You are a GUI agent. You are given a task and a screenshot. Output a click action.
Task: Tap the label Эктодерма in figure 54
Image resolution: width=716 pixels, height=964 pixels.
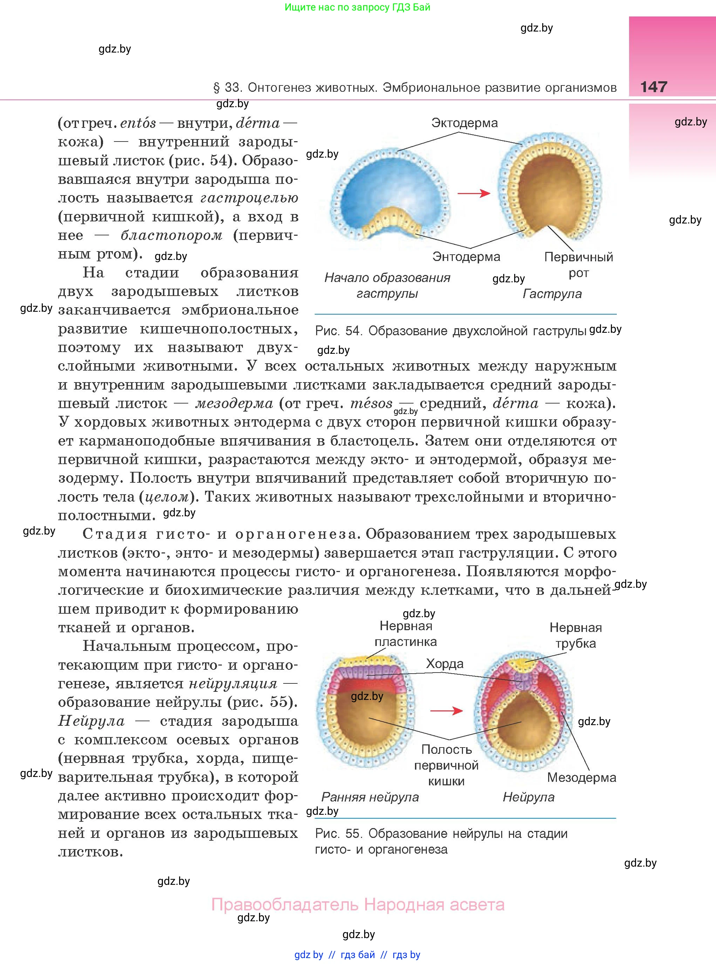(464, 123)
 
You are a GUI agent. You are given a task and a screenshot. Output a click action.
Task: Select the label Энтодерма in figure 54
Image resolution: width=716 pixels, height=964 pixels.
(466, 256)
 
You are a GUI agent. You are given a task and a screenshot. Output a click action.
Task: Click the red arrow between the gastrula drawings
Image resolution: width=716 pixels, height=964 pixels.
(474, 193)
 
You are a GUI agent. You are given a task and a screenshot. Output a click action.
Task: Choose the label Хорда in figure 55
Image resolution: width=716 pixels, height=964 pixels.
(444, 663)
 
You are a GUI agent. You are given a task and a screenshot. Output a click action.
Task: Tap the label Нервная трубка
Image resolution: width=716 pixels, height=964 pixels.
(575, 635)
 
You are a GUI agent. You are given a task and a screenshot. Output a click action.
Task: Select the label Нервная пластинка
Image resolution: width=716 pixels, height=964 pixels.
(406, 633)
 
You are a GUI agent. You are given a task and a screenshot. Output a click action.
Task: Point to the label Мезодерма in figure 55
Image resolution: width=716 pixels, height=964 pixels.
(581, 777)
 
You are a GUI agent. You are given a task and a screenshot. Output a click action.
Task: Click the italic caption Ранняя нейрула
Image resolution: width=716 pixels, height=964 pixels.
(370, 797)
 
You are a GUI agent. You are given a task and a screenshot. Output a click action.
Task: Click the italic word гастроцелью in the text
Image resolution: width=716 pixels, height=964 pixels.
(249, 198)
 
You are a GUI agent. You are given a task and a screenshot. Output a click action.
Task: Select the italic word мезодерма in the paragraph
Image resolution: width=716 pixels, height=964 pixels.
(234, 404)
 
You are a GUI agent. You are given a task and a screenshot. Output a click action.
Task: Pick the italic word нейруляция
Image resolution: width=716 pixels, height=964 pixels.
(233, 684)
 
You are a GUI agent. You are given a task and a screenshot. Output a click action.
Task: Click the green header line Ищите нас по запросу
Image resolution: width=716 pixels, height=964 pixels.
(357, 7)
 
